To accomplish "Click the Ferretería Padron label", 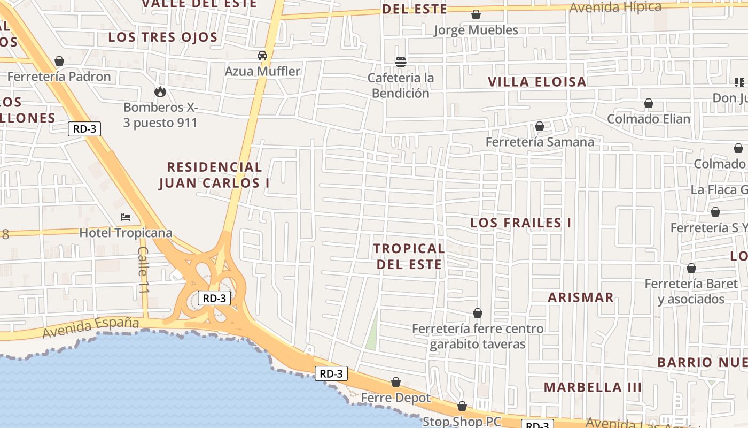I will click(59, 77).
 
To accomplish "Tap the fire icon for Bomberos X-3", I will click(160, 91).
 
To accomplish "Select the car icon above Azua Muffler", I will click(262, 56).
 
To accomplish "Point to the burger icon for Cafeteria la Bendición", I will click(401, 62).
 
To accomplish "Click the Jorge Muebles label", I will click(476, 30).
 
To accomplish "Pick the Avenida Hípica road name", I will click(615, 7).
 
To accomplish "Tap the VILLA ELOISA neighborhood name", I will click(537, 82).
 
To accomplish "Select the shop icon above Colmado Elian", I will click(649, 103).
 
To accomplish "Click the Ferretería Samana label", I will click(540, 142).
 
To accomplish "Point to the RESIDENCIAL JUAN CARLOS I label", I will click(214, 175).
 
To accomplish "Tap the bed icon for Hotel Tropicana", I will click(126, 217).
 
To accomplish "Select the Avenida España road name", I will click(91, 327).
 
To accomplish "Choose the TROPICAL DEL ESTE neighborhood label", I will click(409, 256).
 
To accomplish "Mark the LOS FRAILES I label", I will click(520, 223).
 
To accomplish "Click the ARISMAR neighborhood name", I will click(581, 297).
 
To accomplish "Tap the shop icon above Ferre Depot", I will click(396, 382).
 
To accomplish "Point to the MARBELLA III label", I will click(593, 387).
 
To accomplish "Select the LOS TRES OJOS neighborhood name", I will click(163, 37).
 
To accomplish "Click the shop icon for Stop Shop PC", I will click(462, 407).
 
